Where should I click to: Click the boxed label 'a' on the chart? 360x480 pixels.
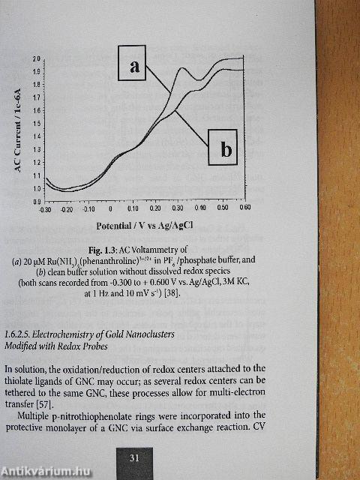[x=134, y=65]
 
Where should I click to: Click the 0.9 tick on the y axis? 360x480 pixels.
[x=36, y=202]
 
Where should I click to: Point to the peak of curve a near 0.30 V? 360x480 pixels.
[x=182, y=69]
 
